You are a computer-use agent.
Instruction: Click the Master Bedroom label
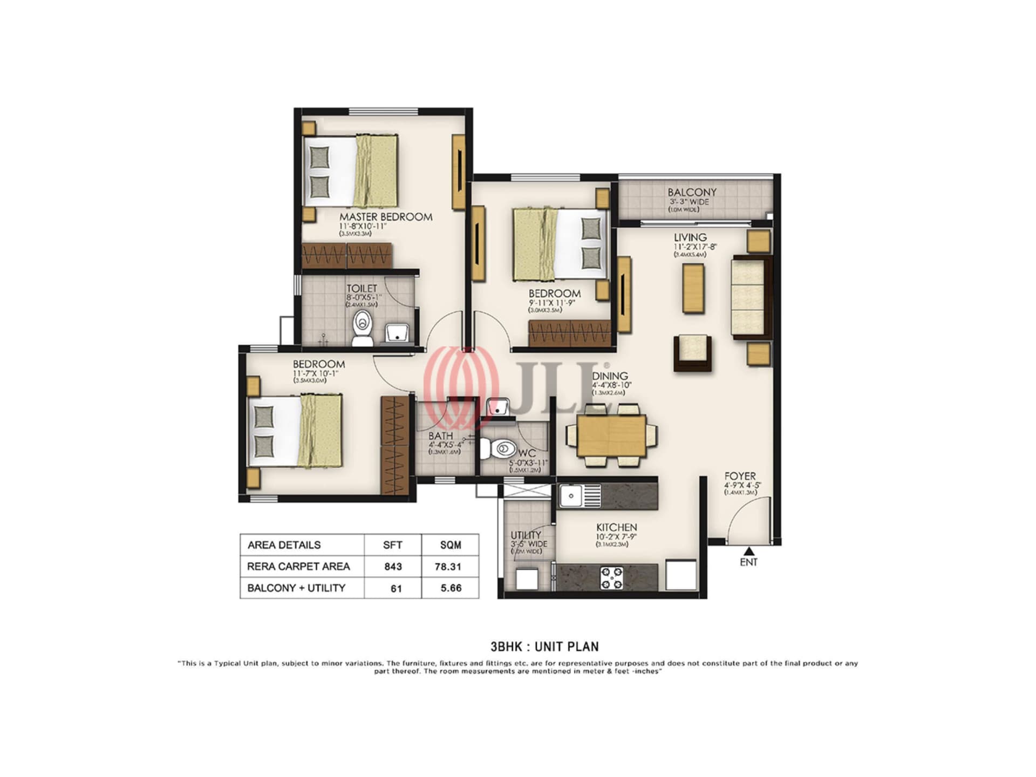coord(385,217)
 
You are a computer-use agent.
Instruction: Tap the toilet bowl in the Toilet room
coord(363,328)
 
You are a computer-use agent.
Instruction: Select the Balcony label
coord(692,192)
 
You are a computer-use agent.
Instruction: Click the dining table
coord(611,435)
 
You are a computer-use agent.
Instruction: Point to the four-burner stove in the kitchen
coord(611,577)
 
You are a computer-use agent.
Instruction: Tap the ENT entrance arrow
coord(748,551)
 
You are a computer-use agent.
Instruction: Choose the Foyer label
coord(740,476)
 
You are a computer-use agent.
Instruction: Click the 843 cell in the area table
coord(393,567)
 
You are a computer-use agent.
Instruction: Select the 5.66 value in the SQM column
coord(451,588)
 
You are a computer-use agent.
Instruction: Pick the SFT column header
coord(392,545)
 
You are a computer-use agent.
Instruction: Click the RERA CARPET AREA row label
coord(298,567)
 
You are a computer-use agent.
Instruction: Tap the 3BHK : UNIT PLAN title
coord(544,646)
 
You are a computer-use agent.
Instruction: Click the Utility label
coord(526,535)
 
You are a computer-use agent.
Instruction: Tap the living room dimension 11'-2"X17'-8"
coord(694,247)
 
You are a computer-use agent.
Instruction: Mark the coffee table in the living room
coord(693,289)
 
